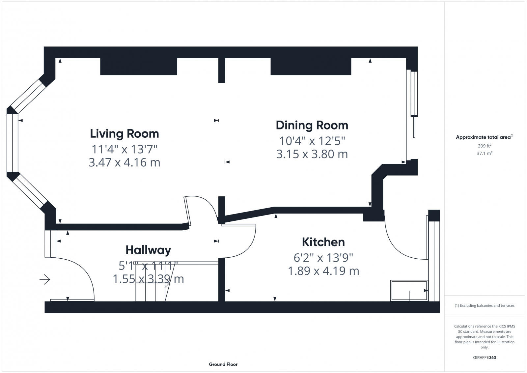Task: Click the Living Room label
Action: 125,133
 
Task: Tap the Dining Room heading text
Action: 312,125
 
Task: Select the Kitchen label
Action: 323,242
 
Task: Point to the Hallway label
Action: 148,250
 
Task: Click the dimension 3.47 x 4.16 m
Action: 125,162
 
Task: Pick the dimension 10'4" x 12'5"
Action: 312,141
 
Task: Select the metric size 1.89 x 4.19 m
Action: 323,271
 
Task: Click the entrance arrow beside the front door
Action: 45,280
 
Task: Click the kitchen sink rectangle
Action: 409,290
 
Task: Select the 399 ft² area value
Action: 485,146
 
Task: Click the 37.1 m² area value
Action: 485,153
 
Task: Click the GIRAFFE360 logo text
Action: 485,358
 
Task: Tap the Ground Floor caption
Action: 223,364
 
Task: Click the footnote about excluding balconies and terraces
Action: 485,305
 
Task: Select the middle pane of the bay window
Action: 12,143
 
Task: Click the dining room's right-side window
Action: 412,94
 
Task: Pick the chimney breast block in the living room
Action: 138,67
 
